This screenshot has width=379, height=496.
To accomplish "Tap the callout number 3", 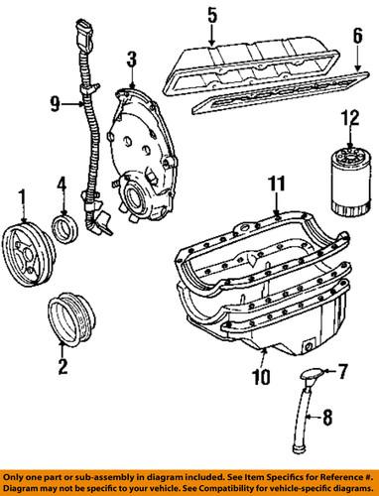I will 131,65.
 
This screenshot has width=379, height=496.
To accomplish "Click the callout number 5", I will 211,15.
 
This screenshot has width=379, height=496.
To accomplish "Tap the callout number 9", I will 56,99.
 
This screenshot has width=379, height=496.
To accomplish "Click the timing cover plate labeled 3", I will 138,149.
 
